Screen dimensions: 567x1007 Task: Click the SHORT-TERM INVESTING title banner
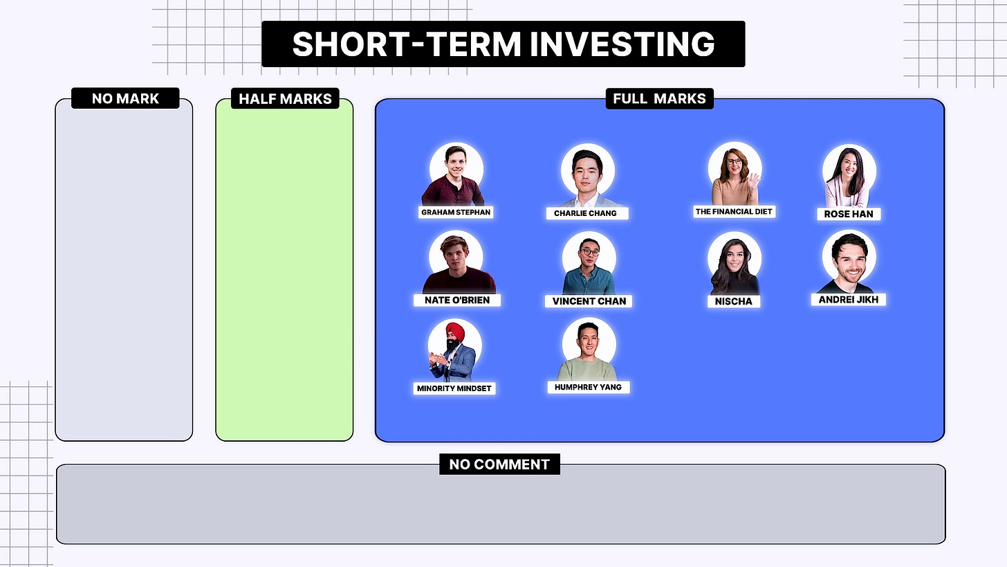[503, 44]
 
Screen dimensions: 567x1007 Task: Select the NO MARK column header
[125, 98]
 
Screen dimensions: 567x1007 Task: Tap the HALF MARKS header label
[285, 98]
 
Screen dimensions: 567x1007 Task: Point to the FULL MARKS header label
[659, 98]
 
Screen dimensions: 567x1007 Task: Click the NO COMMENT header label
[499, 464]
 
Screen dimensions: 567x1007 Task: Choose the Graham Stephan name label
[456, 212]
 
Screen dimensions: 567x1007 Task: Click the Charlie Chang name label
[585, 213]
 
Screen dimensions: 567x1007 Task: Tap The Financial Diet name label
[734, 211]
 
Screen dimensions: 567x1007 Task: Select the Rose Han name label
[849, 214]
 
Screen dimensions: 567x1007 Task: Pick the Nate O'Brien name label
[456, 300]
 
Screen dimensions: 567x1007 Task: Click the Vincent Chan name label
[589, 301]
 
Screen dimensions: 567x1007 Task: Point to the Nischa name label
[734, 301]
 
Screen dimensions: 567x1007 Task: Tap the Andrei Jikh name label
[849, 299]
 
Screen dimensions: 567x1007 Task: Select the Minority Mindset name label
[454, 388]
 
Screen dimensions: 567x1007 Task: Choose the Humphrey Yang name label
[588, 387]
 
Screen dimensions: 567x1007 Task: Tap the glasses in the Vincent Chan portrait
[589, 252]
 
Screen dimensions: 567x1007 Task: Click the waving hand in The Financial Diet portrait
[752, 181]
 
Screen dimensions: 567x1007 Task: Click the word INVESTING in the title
[622, 44]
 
